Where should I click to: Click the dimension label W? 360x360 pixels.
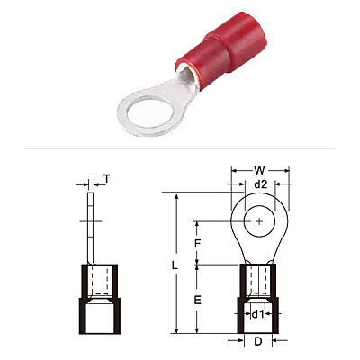[259, 170]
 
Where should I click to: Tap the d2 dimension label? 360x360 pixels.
[260, 184]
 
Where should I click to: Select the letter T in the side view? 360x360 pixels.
[107, 179]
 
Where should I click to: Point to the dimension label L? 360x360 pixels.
[175, 265]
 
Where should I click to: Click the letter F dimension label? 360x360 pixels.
[197, 244]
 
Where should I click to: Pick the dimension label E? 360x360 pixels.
[197, 300]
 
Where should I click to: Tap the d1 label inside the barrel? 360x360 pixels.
[257, 314]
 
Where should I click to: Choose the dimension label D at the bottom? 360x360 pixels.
[258, 341]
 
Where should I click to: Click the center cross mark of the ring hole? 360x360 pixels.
[259, 221]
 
